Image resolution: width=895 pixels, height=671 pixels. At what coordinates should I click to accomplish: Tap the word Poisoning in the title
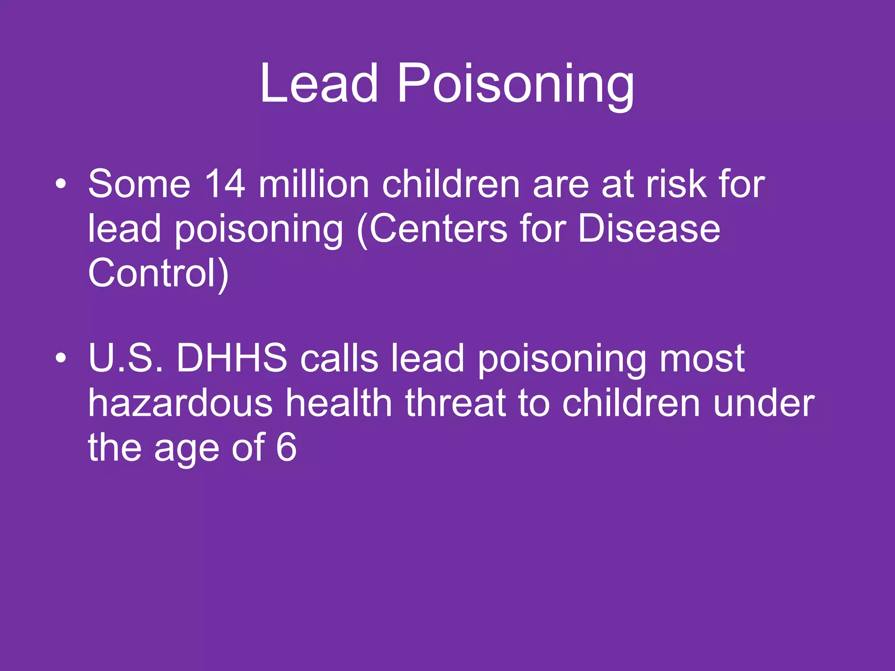516,84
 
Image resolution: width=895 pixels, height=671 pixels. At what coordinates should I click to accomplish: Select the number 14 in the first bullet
225,184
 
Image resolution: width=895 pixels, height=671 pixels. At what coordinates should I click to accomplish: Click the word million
314,184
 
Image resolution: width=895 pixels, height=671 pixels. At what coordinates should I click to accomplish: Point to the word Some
139,184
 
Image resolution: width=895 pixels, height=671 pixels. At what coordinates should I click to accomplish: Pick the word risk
676,184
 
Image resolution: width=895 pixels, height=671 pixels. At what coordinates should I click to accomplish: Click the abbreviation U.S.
126,359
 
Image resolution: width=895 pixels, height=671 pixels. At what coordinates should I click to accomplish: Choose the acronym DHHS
232,359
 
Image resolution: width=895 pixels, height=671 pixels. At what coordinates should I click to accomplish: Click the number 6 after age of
287,448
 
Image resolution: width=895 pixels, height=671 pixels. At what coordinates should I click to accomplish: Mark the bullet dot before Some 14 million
61,184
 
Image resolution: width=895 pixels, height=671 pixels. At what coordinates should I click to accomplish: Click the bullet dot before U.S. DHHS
61,359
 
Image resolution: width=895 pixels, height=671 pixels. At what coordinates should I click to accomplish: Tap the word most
702,359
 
